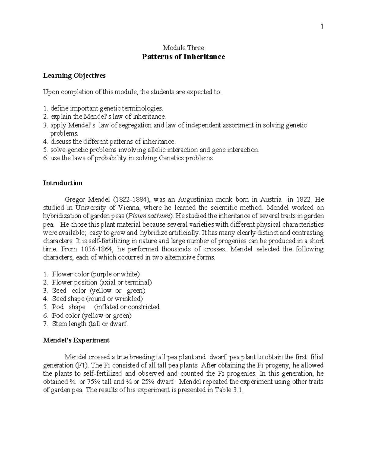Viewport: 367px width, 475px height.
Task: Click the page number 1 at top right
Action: point(322,27)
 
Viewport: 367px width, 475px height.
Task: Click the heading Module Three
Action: point(183,48)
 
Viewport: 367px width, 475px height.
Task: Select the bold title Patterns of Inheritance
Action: point(183,57)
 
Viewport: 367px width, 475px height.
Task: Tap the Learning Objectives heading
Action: point(74,76)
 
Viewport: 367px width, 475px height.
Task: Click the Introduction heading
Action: point(63,183)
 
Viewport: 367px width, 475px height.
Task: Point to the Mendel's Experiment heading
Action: point(76,340)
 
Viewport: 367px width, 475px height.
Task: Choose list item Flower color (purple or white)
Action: point(96,274)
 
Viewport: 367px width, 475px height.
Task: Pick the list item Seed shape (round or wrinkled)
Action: point(97,299)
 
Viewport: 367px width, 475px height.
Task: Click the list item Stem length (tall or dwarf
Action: point(90,324)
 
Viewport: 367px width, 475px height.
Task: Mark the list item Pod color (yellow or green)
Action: point(91,316)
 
